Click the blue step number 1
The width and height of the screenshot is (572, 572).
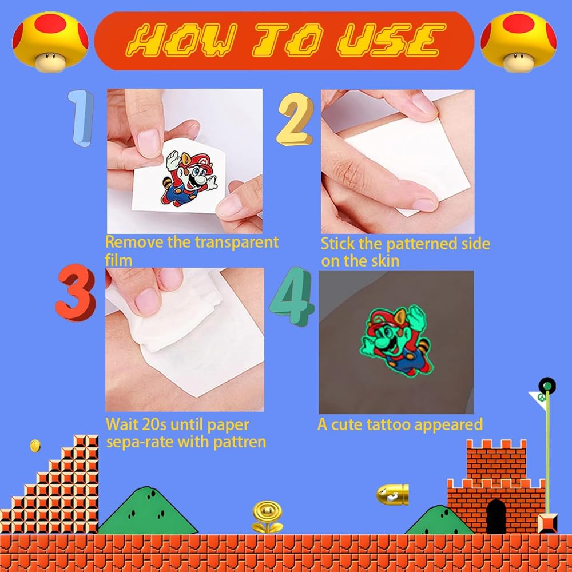[82, 118]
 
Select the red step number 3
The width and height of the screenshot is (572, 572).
[76, 292]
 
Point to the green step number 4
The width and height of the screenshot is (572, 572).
[292, 296]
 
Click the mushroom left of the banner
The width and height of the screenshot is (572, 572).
[50, 41]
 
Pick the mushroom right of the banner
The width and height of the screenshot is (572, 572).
[518, 41]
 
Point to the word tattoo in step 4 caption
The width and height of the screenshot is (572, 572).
[388, 424]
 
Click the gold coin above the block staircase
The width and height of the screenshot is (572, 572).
[35, 446]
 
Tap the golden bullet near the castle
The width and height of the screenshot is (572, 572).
[392, 495]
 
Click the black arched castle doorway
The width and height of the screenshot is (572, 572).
[496, 516]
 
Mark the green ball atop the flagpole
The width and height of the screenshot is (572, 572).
[547, 386]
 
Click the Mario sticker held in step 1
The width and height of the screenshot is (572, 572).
[188, 178]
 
